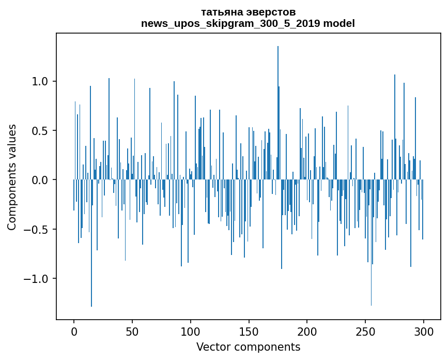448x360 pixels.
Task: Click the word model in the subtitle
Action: pos(339,23)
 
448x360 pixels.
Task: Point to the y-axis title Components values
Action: pos(12,177)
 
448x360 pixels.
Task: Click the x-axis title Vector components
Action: pos(248,347)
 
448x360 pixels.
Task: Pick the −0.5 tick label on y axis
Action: pos(37,230)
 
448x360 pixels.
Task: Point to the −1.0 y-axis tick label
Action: pos(37,279)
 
